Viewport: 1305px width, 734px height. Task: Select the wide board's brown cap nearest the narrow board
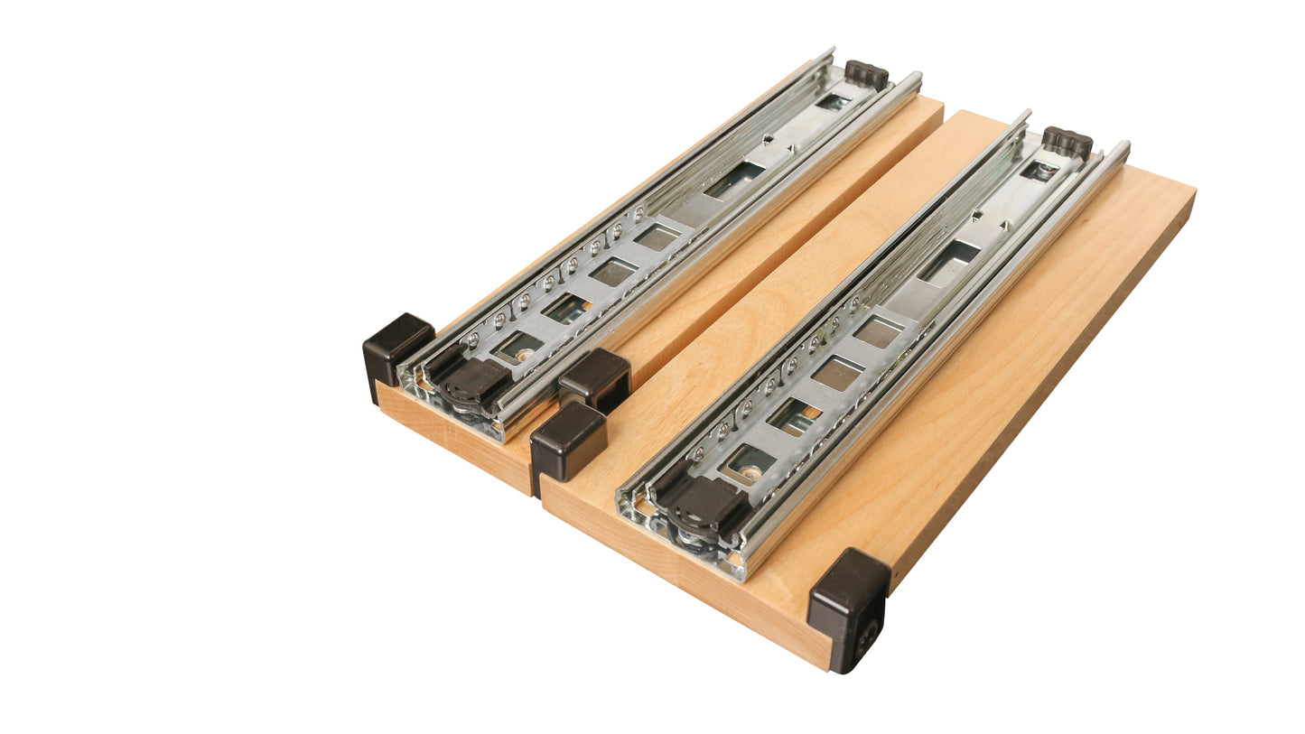click(x=566, y=443)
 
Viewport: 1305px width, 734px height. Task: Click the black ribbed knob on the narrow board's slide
click(x=866, y=74)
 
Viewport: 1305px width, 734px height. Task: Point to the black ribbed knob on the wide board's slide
click(x=1067, y=142)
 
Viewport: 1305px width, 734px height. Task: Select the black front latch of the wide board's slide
click(x=706, y=506)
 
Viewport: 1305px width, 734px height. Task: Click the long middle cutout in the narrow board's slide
click(x=733, y=180)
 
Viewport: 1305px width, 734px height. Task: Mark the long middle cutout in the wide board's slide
click(x=949, y=261)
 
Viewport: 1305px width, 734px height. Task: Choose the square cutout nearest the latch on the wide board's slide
click(x=750, y=463)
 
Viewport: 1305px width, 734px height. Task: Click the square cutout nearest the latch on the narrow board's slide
click(x=522, y=346)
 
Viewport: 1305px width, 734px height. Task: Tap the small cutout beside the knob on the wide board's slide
click(x=1038, y=171)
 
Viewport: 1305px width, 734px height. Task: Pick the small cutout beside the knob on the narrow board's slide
click(x=833, y=102)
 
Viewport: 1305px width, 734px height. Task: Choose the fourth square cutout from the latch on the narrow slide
click(x=657, y=237)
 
